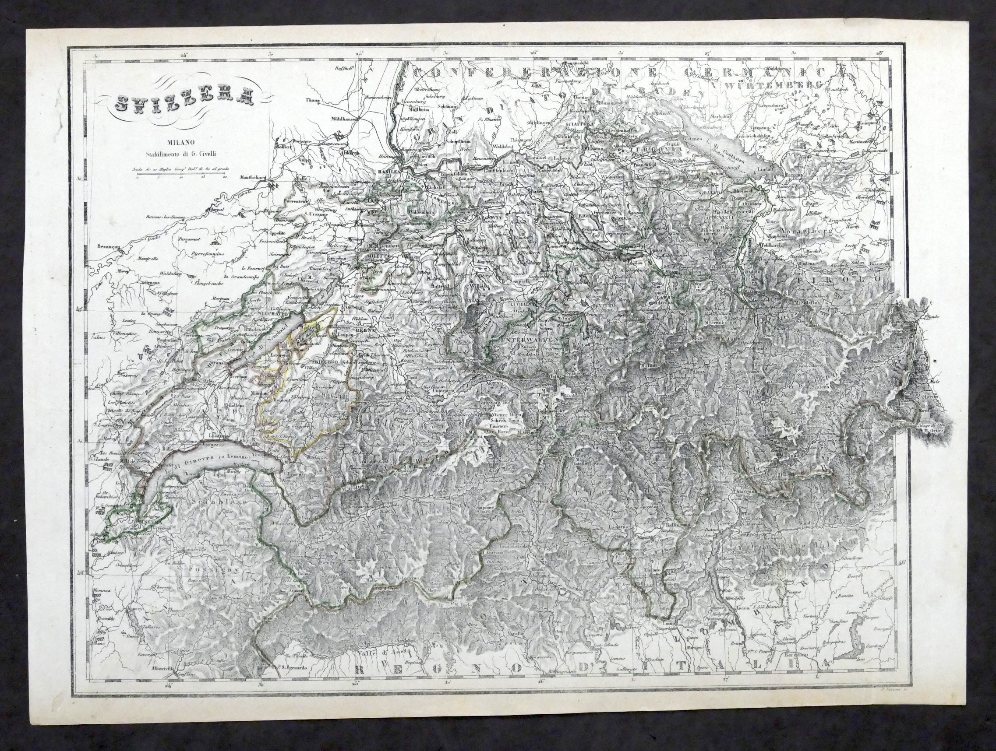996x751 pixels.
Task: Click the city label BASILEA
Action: point(389,172)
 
